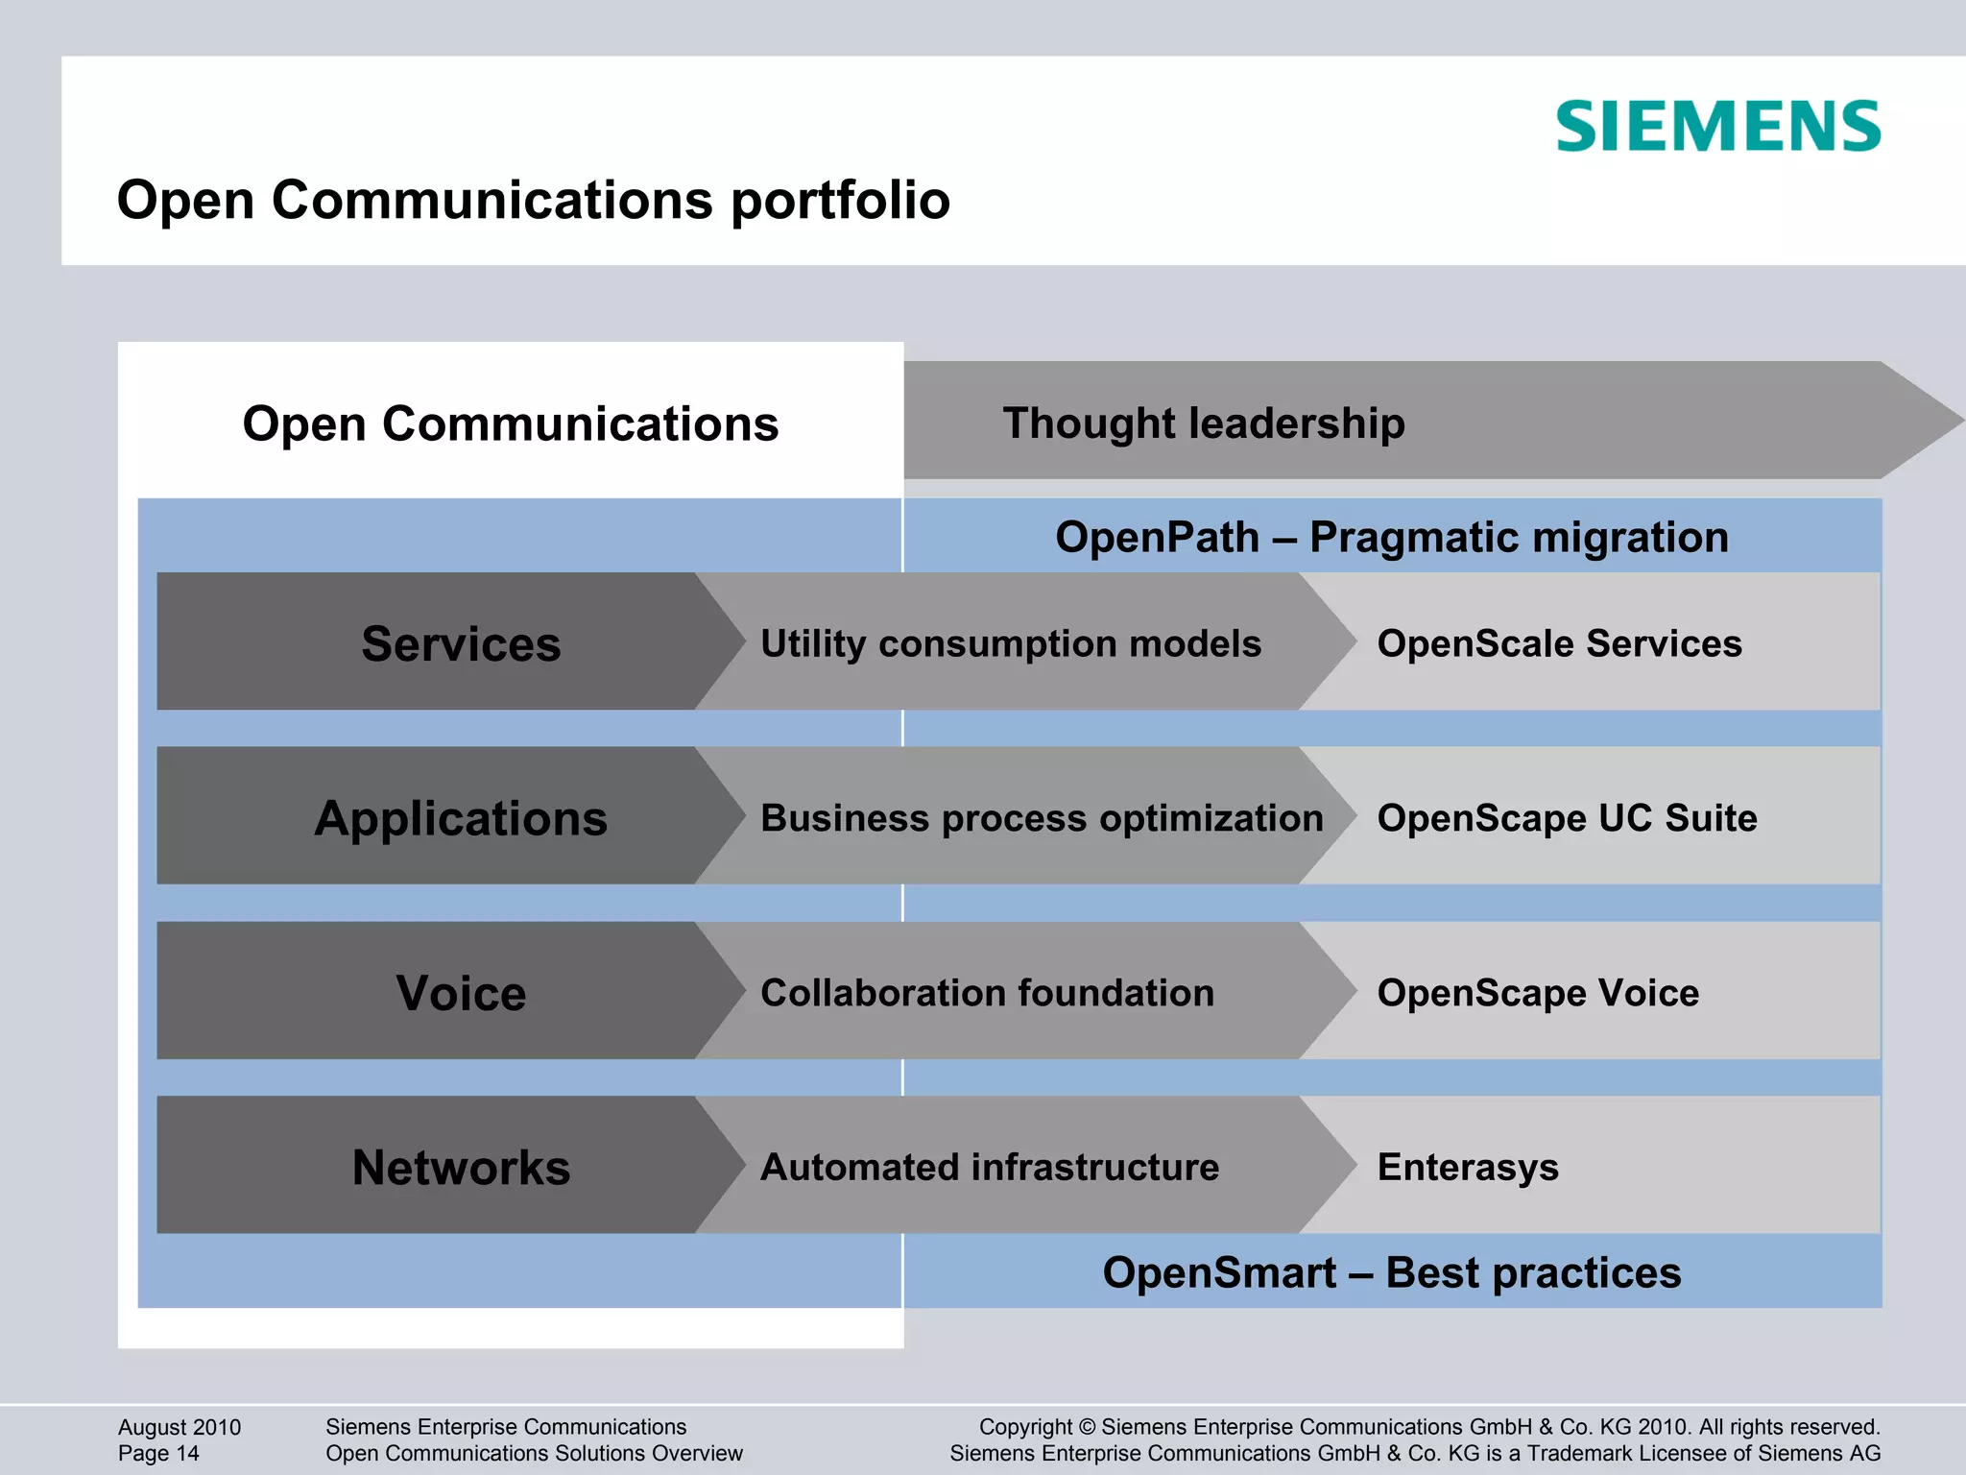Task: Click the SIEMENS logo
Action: [1717, 127]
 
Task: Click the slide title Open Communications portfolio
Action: [533, 201]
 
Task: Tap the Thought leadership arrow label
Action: [1203, 423]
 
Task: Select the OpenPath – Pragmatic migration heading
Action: [1391, 538]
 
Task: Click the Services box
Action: [461, 643]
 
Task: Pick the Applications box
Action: [461, 818]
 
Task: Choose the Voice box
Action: [461, 993]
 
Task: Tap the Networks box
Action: [461, 1168]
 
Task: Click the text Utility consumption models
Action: [1010, 643]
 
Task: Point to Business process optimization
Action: [1042, 818]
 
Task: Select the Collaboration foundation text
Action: [987, 993]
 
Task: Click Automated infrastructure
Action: [989, 1168]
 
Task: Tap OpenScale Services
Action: [1559, 643]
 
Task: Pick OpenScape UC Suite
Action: [1567, 818]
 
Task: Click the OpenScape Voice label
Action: [1538, 993]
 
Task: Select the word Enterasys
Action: [1468, 1168]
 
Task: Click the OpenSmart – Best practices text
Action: [1391, 1273]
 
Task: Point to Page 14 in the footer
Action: [158, 1454]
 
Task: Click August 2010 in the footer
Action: [180, 1427]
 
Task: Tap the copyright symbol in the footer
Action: [1087, 1427]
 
